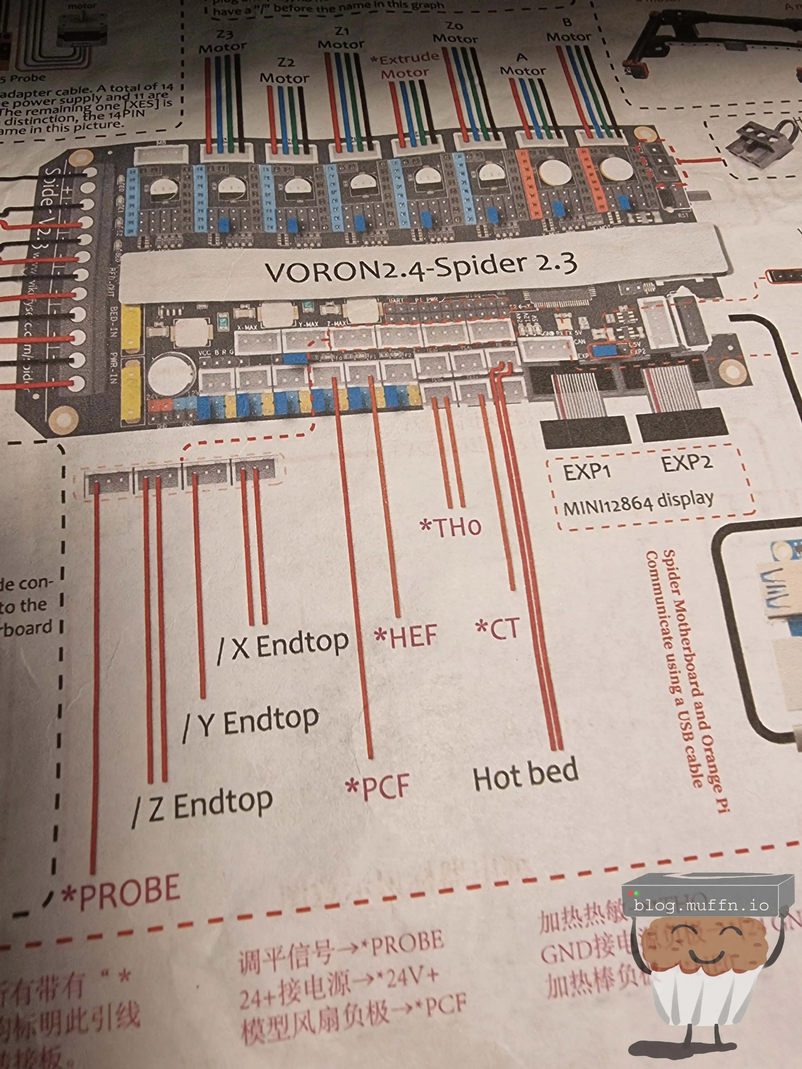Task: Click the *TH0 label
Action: (450, 527)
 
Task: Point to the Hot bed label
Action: (526, 773)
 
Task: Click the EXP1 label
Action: (586, 471)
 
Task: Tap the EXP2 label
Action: (687, 463)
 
